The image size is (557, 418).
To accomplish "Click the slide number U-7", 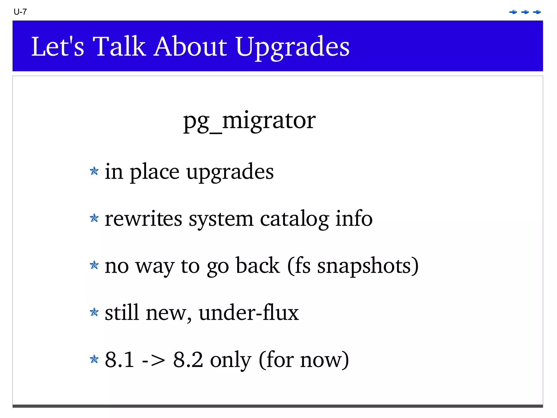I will (20, 12).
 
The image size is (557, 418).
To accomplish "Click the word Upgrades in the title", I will (292, 47).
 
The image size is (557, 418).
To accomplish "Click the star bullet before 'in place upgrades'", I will (94, 171).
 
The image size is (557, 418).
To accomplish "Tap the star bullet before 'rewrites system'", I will (94, 218).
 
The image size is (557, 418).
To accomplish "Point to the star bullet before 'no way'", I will (94, 265).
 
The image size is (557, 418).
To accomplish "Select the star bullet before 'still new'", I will (94, 312).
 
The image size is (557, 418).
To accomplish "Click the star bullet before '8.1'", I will (94, 359).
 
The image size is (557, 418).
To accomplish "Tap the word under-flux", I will (249, 313).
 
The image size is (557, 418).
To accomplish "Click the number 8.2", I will (188, 360).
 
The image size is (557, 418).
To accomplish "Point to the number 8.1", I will (119, 360).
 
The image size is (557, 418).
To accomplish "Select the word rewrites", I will (143, 219).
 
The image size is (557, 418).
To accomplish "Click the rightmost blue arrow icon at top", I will (537, 12).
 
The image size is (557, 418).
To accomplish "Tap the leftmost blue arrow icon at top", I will (513, 12).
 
